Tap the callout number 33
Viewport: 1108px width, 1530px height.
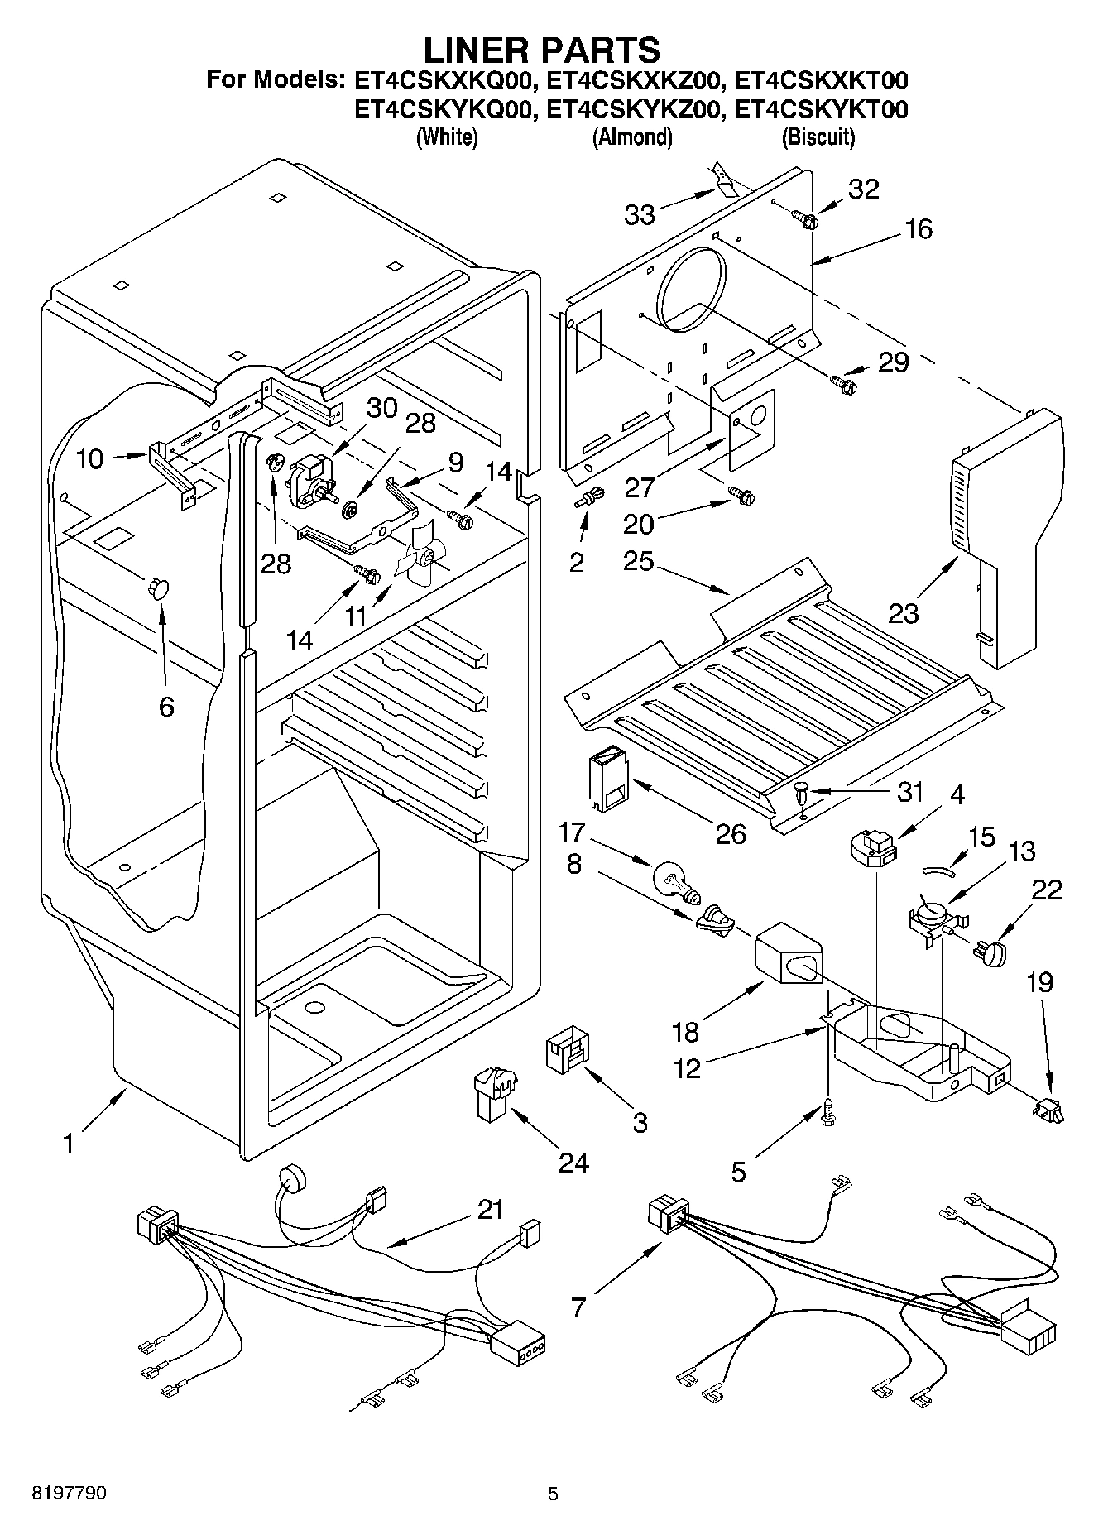[x=640, y=214]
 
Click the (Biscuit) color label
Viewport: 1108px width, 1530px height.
[x=818, y=137]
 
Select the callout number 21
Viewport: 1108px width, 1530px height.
[x=490, y=1209]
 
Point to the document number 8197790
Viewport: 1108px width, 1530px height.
[x=69, y=1494]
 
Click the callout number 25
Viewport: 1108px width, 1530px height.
[x=640, y=561]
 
